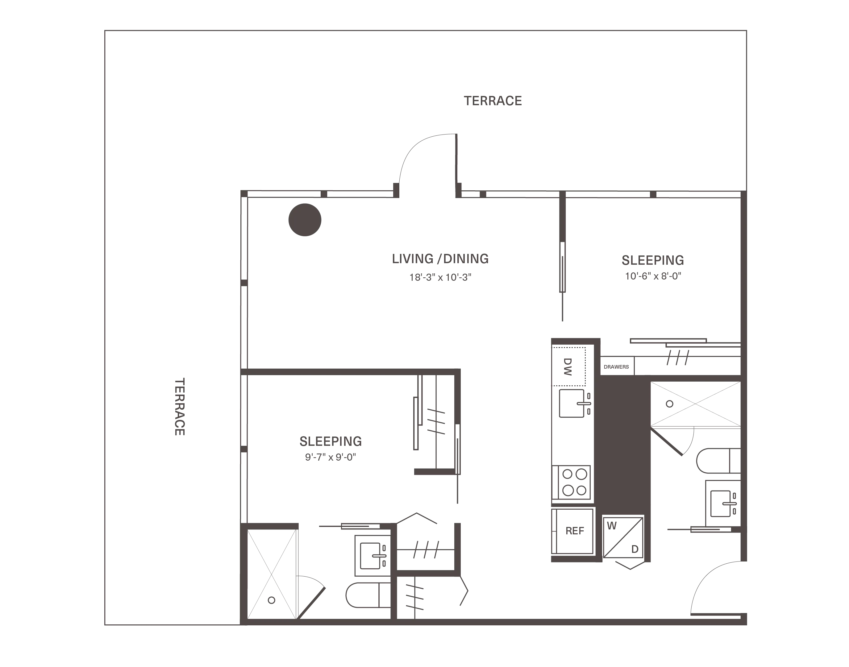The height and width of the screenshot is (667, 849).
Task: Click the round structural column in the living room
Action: [305, 220]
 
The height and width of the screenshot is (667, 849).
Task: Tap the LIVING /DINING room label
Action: [440, 259]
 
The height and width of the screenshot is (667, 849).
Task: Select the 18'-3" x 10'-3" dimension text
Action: [440, 277]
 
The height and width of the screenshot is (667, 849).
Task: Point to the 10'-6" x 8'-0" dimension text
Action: [653, 276]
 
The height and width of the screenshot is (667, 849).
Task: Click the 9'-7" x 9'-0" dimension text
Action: [331, 457]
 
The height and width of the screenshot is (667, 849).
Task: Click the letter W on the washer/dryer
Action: [612, 526]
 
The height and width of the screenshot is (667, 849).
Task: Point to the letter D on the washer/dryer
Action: [635, 549]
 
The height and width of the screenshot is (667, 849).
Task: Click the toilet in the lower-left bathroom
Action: [368, 595]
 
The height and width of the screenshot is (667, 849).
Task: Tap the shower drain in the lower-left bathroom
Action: [272, 600]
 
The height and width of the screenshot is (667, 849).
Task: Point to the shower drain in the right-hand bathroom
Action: [670, 404]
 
